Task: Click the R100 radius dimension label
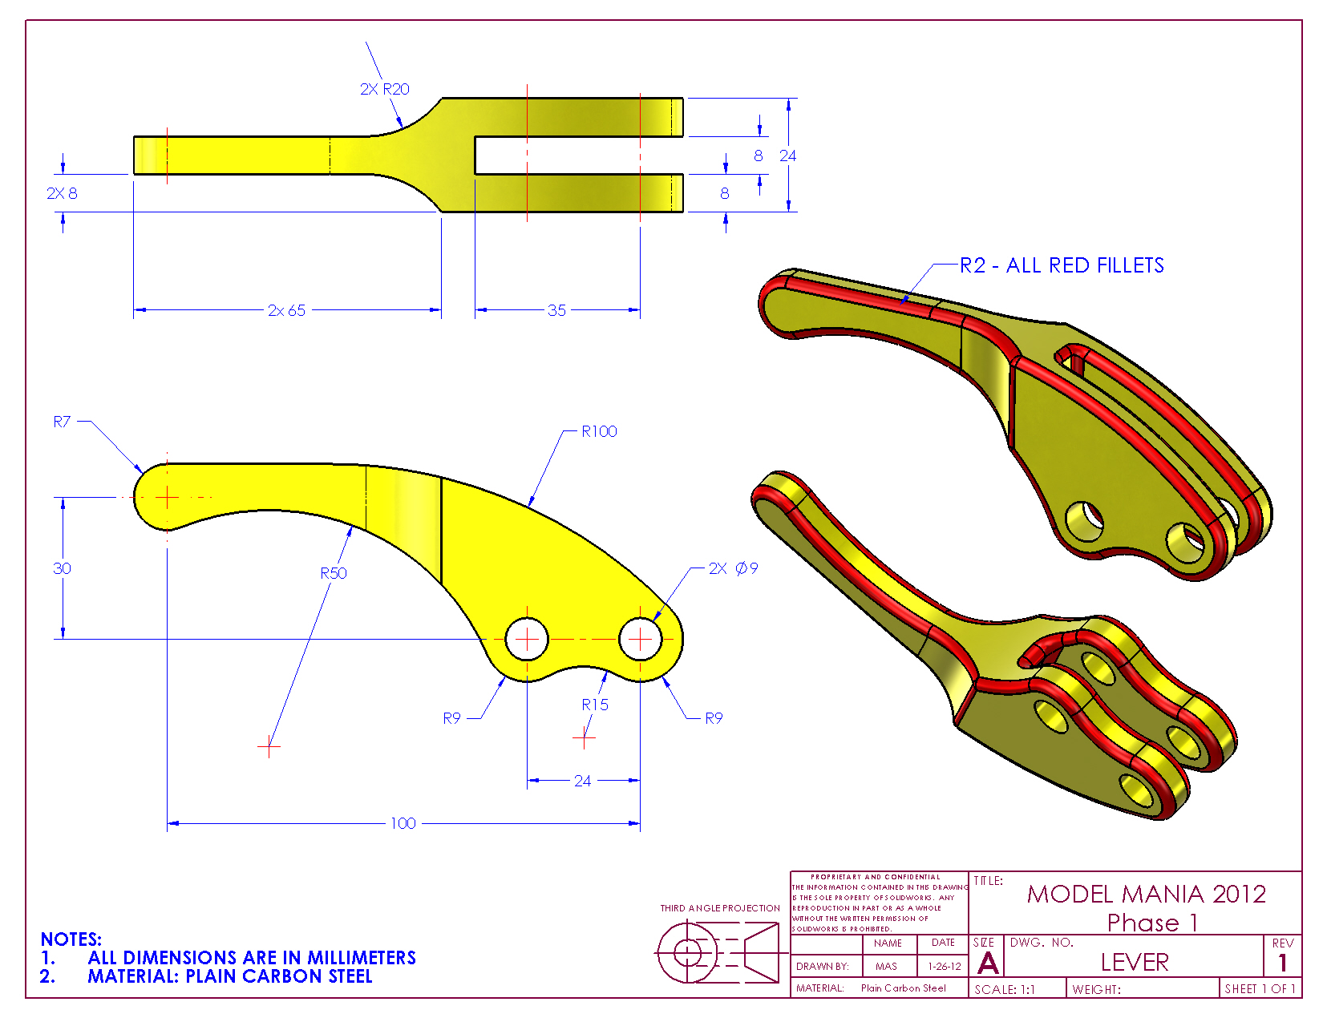coord(599,431)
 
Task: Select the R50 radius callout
coord(334,573)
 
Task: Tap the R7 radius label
coord(62,422)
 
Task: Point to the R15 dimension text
coord(595,705)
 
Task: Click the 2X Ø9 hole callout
coord(733,568)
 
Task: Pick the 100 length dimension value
coord(403,823)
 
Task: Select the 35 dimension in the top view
coord(556,310)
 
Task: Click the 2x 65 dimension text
coord(287,310)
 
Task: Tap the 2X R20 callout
coord(384,89)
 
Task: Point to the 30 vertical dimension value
coord(62,568)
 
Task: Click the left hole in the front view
coord(527,639)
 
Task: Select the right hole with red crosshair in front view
coord(641,639)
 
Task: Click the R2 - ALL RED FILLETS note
coord(1062,265)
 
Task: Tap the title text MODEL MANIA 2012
coord(1147,894)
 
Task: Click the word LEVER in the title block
coord(1135,962)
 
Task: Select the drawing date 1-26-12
coord(945,967)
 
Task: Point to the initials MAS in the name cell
coord(886,967)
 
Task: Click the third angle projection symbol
coord(718,952)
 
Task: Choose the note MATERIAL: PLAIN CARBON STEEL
coord(230,976)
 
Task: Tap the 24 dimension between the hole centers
coord(583,781)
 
